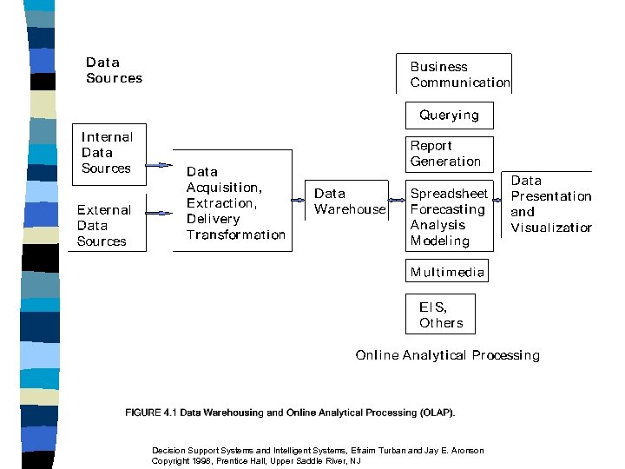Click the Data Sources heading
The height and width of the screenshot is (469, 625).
pyautogui.click(x=114, y=70)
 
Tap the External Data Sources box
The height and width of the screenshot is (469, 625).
pyautogui.click(x=105, y=226)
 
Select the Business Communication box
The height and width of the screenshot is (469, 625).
pyautogui.click(x=459, y=75)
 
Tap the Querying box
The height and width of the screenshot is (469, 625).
pyautogui.click(x=449, y=115)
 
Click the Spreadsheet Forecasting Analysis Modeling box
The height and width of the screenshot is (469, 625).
pyautogui.click(x=449, y=217)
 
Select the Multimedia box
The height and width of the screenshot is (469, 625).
pyautogui.click(x=447, y=272)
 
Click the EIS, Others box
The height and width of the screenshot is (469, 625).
pyautogui.click(x=440, y=314)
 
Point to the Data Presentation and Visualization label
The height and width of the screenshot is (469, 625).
pyautogui.click(x=550, y=204)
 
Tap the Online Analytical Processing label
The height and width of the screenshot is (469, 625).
pyautogui.click(x=447, y=355)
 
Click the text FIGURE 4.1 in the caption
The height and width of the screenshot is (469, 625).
pyautogui.click(x=151, y=412)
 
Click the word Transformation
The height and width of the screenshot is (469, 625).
pyautogui.click(x=235, y=234)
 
